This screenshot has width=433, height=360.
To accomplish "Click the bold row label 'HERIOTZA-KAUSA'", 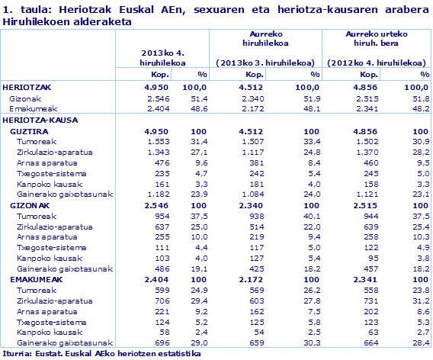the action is (34, 121).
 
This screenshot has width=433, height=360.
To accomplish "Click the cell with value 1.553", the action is (156, 142).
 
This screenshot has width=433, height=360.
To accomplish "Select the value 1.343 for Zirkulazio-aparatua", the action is (156, 153).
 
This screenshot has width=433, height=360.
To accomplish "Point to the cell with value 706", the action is (159, 301).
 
